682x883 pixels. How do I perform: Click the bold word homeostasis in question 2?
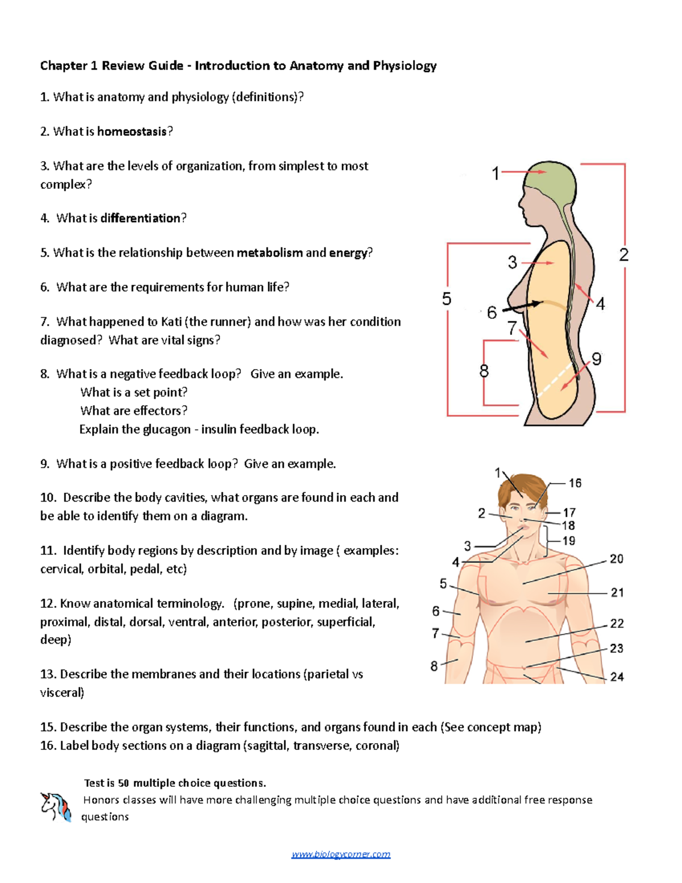[x=132, y=131]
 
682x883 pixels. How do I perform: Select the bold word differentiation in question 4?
[x=140, y=218]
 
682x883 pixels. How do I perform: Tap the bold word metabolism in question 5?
[x=269, y=252]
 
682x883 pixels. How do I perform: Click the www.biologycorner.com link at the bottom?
[x=340, y=854]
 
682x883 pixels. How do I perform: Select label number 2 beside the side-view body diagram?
[x=623, y=255]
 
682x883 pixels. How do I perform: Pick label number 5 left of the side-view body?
[x=447, y=299]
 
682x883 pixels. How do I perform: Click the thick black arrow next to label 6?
[x=522, y=306]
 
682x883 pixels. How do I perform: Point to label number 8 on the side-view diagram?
[x=484, y=371]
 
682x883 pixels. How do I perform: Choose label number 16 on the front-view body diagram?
[x=575, y=483]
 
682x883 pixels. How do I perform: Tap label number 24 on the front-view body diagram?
[x=617, y=677]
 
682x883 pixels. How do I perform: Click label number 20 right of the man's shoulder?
[x=616, y=559]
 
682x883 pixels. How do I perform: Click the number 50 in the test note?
[x=123, y=783]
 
